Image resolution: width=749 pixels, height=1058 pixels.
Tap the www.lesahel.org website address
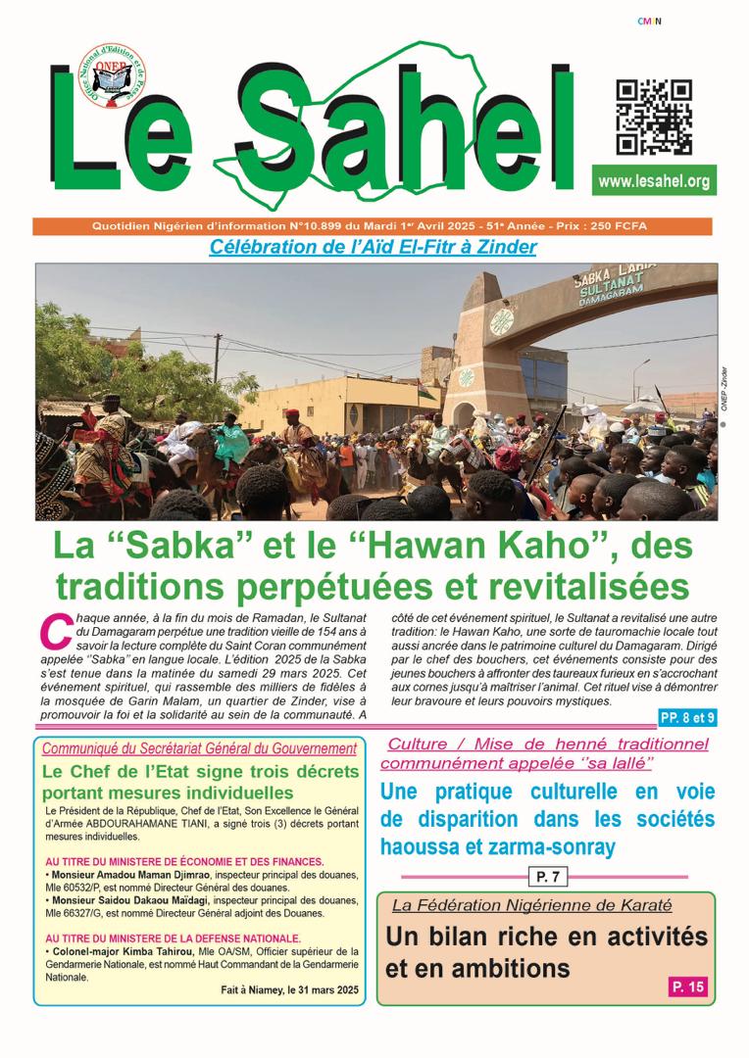653,181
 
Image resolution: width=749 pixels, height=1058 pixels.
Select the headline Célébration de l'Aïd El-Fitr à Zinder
373,247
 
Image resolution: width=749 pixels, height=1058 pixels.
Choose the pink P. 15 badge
688,986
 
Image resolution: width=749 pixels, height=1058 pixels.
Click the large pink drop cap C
54,631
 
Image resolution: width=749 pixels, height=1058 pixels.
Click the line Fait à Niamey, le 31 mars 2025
290,990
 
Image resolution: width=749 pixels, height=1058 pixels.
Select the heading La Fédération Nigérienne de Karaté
532,905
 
